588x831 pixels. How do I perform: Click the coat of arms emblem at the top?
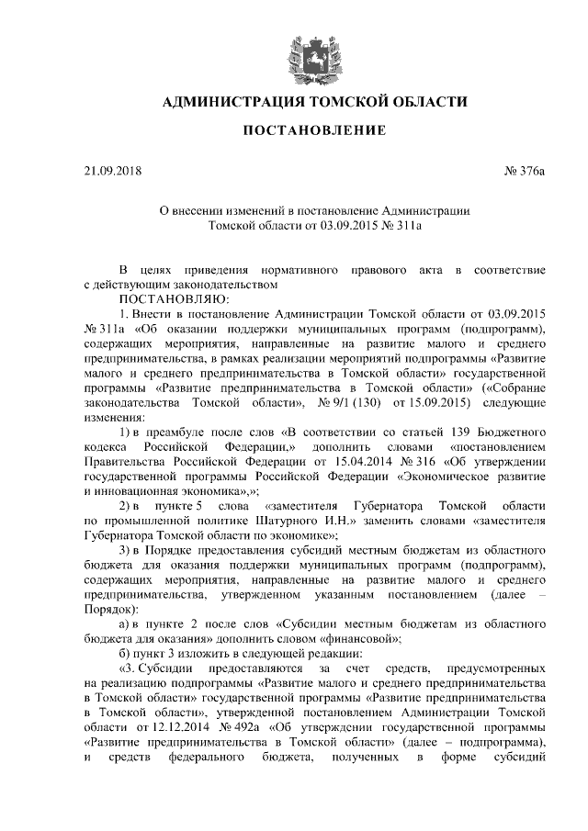[x=294, y=52]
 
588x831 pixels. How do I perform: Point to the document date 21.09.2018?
[x=108, y=170]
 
